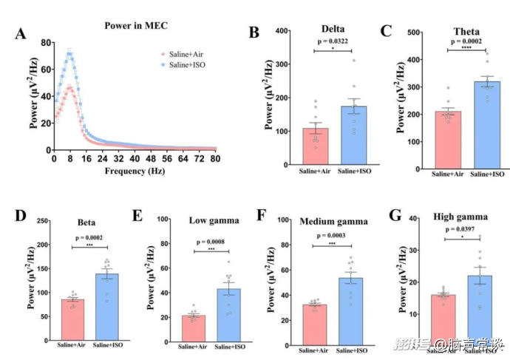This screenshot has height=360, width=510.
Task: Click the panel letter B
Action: [x=254, y=33]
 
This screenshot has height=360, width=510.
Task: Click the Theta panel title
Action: [x=466, y=33]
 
